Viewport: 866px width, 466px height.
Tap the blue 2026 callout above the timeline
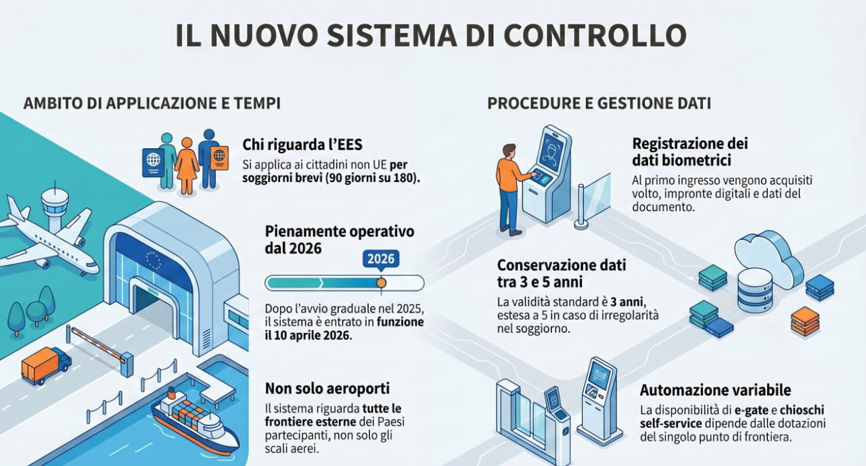pyautogui.click(x=381, y=259)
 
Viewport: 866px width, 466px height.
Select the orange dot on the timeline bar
pyautogui.click(x=381, y=283)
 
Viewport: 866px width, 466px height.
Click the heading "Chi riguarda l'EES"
pyautogui.click(x=302, y=145)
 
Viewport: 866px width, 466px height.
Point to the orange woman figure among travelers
pyautogui.click(x=187, y=166)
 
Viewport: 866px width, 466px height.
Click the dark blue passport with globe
pyautogui.click(x=153, y=162)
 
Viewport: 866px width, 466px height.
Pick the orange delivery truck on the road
pyautogui.click(x=46, y=365)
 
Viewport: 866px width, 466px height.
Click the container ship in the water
pyautogui.click(x=196, y=422)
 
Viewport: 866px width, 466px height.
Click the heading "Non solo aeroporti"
pyautogui.click(x=327, y=388)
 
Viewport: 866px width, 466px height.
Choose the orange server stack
pyautogui.click(x=805, y=321)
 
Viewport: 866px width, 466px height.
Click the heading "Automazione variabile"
pyautogui.click(x=715, y=390)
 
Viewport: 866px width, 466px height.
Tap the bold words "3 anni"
pyautogui.click(x=627, y=302)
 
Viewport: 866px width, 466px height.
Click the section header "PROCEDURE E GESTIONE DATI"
pyautogui.click(x=599, y=103)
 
